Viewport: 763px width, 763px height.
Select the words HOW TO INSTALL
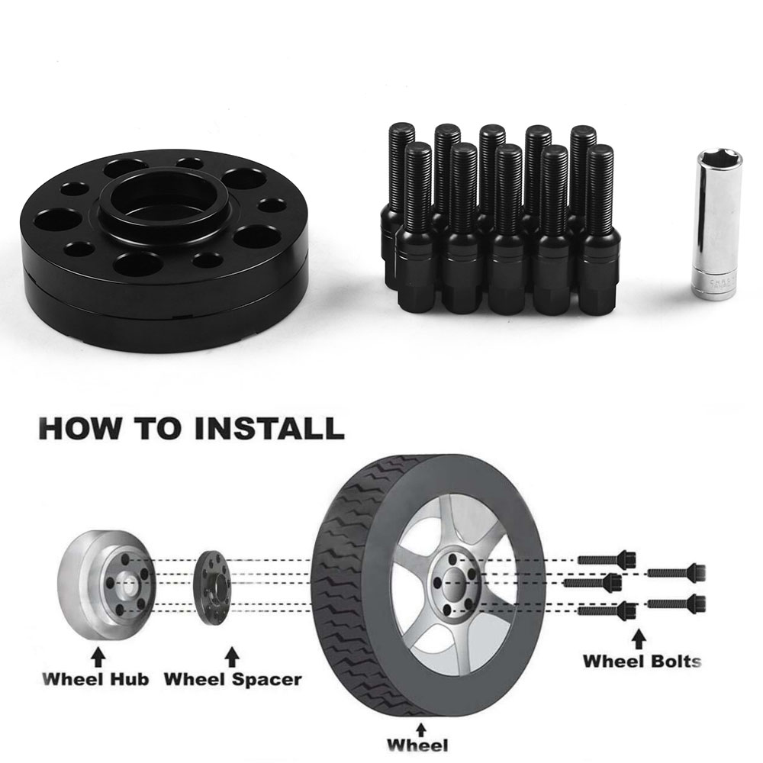point(190,427)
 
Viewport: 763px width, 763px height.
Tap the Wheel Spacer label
point(233,678)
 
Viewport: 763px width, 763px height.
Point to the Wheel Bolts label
point(642,660)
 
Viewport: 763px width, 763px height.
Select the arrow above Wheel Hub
point(98,655)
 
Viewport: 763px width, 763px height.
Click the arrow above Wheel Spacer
point(233,655)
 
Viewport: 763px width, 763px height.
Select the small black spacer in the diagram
point(212,583)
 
